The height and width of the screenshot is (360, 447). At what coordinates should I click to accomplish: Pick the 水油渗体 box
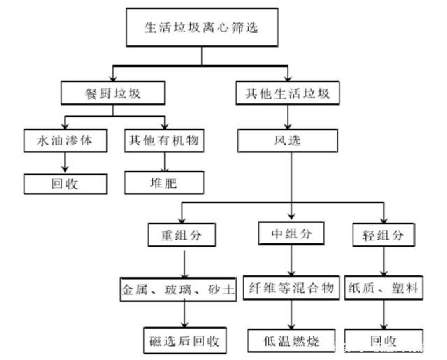(x=67, y=141)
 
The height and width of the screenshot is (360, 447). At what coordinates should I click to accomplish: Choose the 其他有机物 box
(x=164, y=141)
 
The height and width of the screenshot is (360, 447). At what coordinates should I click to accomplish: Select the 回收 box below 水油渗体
(x=67, y=183)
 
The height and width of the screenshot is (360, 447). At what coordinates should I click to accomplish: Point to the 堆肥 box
(x=164, y=183)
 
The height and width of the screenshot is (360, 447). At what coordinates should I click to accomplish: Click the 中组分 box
(x=291, y=233)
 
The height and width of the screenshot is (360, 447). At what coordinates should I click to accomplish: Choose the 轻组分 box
(x=383, y=235)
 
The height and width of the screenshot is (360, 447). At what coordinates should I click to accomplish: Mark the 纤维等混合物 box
(x=291, y=288)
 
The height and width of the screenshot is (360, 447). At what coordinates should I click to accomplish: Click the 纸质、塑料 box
(x=383, y=288)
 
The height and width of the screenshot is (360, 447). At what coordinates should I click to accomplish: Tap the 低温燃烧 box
(x=291, y=340)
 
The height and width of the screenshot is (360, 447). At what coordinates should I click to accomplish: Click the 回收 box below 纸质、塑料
(x=383, y=340)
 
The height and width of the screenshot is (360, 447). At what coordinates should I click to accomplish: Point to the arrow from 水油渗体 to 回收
(x=67, y=162)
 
